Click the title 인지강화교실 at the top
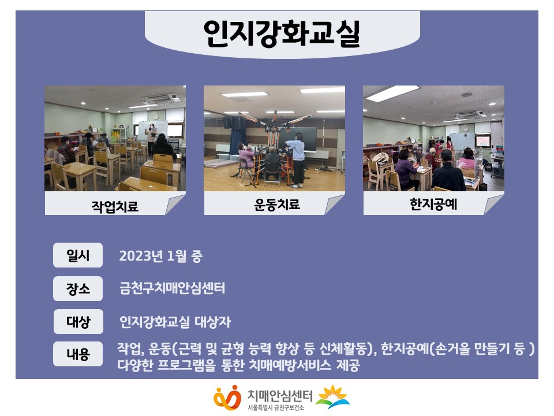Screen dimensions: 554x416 pyautogui.click(x=282, y=34)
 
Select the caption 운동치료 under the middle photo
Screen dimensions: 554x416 pyautogui.click(x=277, y=205)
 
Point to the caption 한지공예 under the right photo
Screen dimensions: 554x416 pyautogui.click(x=433, y=204)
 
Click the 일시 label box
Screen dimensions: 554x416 pyautogui.click(x=78, y=255)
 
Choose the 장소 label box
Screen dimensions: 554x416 pyautogui.click(x=78, y=289)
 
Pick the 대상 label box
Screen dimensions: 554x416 pyautogui.click(x=78, y=322)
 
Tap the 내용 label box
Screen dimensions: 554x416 pyautogui.click(x=78, y=354)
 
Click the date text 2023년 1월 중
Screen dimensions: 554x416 pyautogui.click(x=161, y=256)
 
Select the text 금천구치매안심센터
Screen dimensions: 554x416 pyautogui.click(x=173, y=288)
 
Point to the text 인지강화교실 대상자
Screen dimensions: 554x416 pyautogui.click(x=175, y=322)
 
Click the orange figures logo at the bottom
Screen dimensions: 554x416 pyautogui.click(x=227, y=398)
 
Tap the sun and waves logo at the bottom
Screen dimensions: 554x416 pyautogui.click(x=332, y=396)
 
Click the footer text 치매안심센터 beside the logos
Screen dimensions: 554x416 pyautogui.click(x=280, y=395)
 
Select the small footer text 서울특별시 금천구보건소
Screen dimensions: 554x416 pyautogui.click(x=276, y=408)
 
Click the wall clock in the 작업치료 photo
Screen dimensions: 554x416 pyautogui.click(x=155, y=116)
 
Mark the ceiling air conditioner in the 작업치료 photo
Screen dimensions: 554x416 pyautogui.click(x=159, y=98)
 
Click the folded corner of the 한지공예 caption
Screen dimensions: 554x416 pyautogui.click(x=493, y=204)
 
